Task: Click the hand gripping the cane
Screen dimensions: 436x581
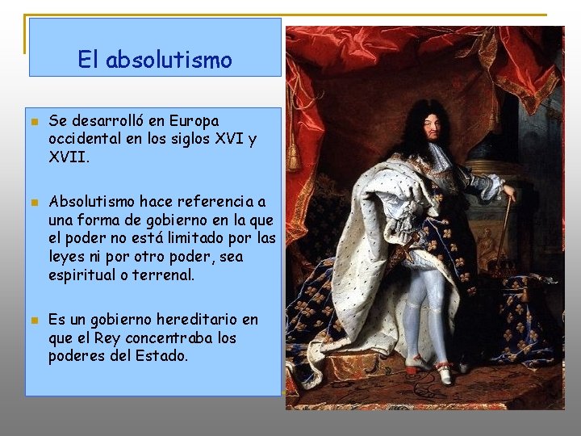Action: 508,194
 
